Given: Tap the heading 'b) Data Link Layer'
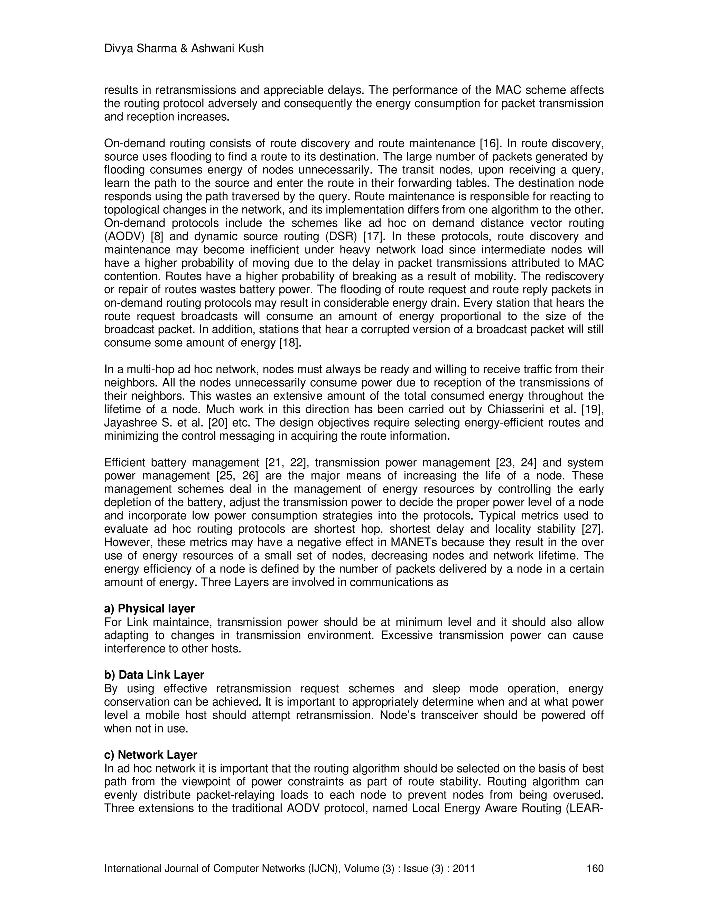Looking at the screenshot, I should pos(154,675).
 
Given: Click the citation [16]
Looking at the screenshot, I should pos(490,143).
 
